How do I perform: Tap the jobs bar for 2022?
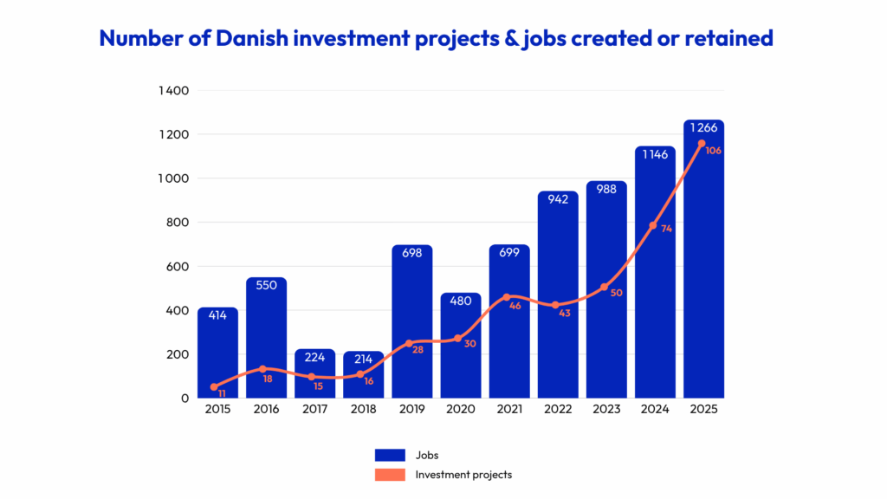(557, 295)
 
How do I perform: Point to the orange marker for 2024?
(654, 225)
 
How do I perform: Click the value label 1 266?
(702, 128)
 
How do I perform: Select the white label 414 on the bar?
(217, 315)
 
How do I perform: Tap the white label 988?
(605, 189)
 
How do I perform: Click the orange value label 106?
(713, 151)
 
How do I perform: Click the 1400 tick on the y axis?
(174, 90)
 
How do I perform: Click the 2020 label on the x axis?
(460, 410)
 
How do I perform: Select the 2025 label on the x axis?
(702, 410)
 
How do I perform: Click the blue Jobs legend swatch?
(390, 455)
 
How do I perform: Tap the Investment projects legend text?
(463, 474)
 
